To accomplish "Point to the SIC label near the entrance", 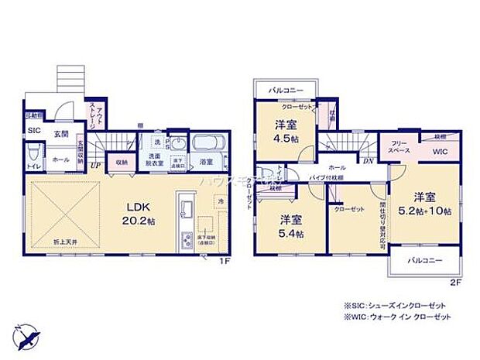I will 34,131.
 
